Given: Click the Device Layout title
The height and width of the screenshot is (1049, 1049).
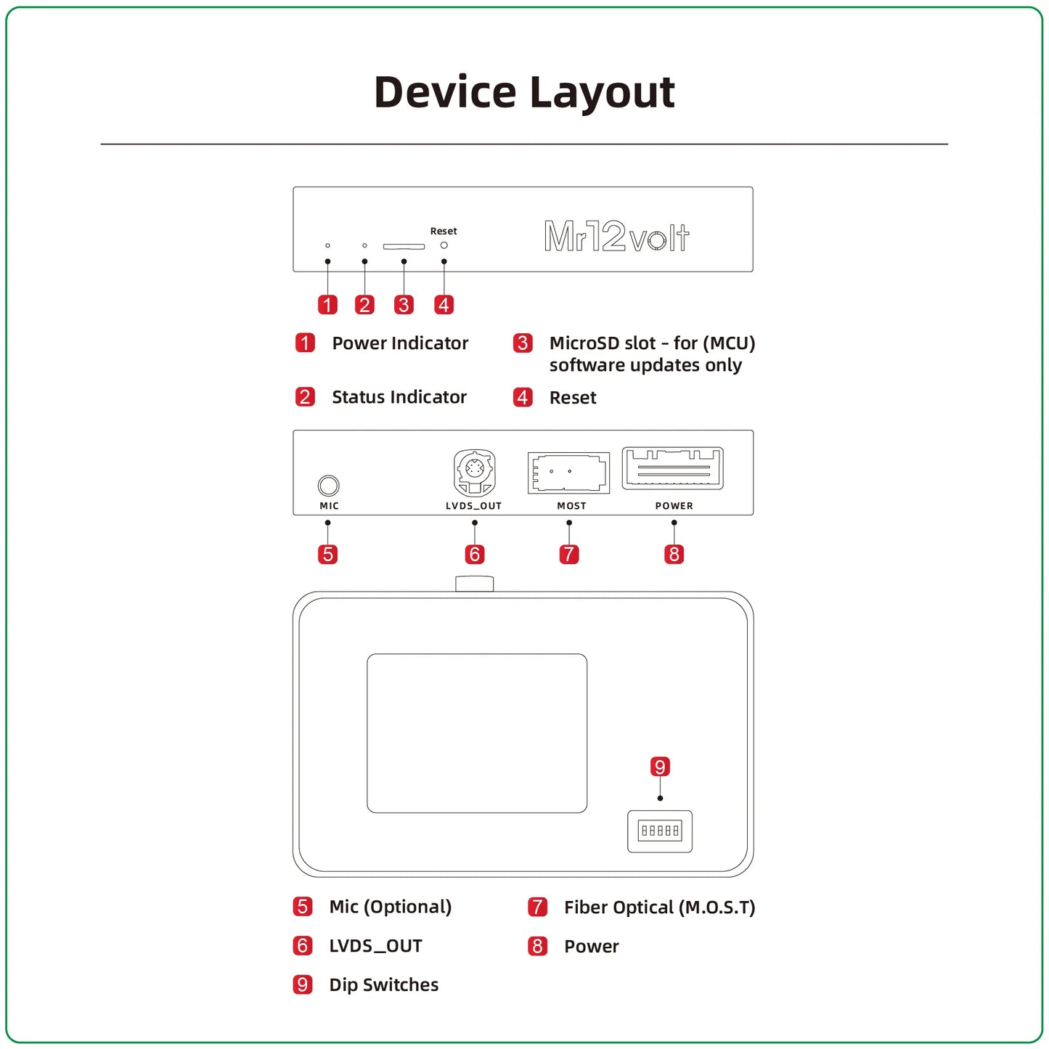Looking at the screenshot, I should point(524,92).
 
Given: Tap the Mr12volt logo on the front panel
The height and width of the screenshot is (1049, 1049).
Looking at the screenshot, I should point(616,237).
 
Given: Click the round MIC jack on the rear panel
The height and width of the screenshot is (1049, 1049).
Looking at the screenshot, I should point(329,486).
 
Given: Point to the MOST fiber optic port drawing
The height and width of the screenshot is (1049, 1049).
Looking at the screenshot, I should point(568,473).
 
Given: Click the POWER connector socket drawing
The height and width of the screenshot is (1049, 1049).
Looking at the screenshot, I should point(673,468).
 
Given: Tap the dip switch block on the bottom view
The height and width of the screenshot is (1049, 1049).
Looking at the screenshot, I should point(660,830).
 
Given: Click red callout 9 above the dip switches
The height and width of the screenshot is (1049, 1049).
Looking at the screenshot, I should point(660,767).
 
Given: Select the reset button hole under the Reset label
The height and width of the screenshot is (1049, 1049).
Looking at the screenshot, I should point(444,245).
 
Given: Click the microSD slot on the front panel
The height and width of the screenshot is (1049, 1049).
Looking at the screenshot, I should point(404,247).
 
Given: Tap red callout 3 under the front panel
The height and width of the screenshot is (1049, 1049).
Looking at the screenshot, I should point(404,305).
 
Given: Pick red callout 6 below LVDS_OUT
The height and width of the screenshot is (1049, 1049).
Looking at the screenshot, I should point(475,555).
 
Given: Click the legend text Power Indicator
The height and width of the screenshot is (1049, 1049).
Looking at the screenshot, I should point(400,343).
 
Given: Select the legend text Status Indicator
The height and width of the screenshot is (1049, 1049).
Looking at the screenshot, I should point(399,397).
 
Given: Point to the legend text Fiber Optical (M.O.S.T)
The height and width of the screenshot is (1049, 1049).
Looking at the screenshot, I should point(659,907).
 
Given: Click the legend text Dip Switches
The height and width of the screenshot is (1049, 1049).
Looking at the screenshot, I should point(383,985).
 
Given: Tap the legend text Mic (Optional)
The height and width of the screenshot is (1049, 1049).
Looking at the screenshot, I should point(390,907).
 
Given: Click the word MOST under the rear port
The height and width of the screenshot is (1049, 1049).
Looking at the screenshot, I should point(571,506).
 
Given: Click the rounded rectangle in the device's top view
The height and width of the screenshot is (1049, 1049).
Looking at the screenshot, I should point(477,733).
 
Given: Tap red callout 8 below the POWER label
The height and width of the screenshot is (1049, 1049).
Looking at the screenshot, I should point(674,555).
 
